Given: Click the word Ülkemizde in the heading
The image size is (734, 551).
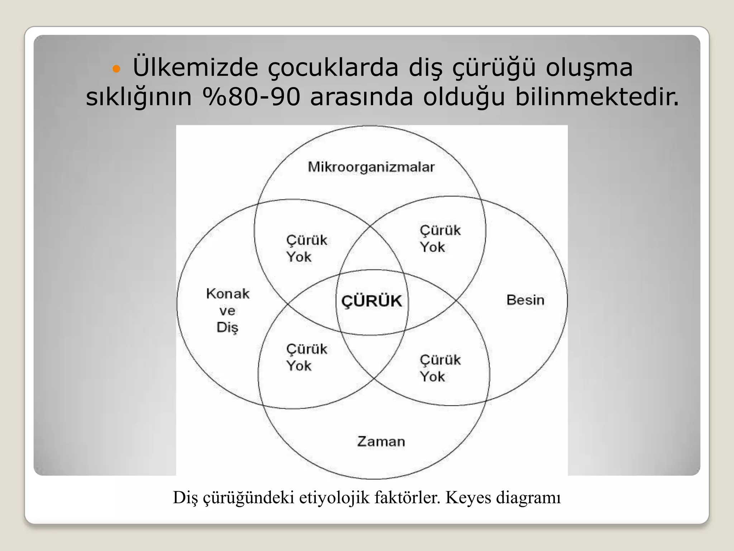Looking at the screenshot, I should [195, 67].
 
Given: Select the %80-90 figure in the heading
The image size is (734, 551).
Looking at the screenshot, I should [251, 97].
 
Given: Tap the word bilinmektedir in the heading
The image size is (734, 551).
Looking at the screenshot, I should [597, 97].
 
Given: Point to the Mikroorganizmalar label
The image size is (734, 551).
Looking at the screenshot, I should [371, 167].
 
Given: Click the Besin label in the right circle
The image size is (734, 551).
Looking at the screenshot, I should [525, 300].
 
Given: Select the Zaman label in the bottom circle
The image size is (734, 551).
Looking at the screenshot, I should [381, 441].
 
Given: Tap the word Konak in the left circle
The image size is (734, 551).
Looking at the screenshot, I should [228, 294].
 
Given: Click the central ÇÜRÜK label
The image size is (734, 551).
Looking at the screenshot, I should [372, 301].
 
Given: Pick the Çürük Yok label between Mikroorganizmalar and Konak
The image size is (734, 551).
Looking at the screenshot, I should [306, 249].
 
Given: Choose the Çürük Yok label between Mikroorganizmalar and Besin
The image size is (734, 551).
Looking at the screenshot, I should [440, 239].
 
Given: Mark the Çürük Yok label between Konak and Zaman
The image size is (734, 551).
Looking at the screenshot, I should [306, 358].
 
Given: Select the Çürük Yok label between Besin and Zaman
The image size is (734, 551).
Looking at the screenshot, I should [440, 368].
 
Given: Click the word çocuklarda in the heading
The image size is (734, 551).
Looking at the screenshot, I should [333, 67].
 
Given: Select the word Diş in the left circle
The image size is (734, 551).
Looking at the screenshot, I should [227, 328].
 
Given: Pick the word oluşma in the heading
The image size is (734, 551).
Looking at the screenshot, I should [589, 67].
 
